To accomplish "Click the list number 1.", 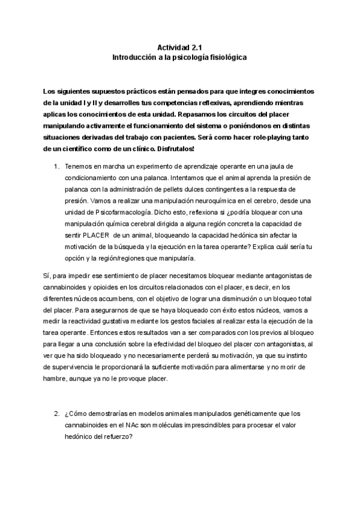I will [x=56, y=166].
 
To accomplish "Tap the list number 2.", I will [x=56, y=414].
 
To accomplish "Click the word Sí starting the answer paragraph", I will [x=47, y=276].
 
